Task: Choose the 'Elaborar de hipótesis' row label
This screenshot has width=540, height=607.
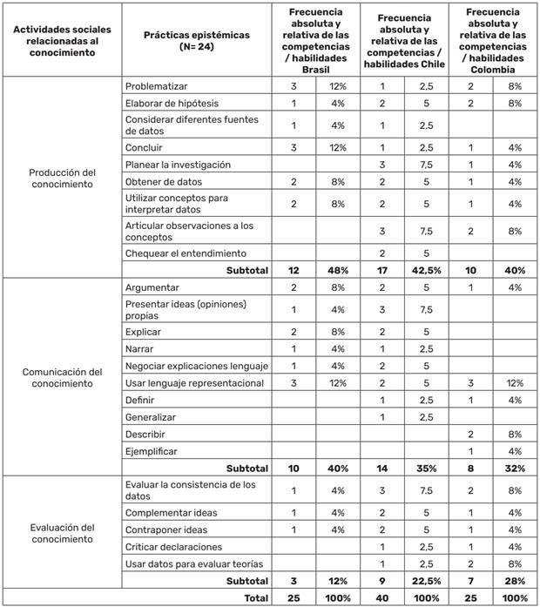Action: click(172, 104)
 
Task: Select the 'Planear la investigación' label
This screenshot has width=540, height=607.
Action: click(178, 164)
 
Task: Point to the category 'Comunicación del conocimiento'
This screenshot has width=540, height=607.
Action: click(62, 377)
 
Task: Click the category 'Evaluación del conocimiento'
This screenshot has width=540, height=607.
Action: click(62, 533)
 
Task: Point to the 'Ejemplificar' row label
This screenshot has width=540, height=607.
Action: click(152, 451)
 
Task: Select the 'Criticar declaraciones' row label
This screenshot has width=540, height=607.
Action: click(173, 546)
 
